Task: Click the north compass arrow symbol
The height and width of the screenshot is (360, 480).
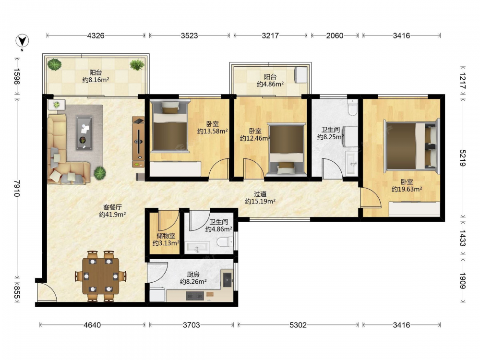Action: pos(23,41)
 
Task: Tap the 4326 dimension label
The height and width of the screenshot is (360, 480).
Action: pos(96,36)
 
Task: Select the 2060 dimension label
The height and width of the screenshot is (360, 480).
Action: pos(335,36)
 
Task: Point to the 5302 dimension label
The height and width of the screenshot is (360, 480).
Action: pos(298,325)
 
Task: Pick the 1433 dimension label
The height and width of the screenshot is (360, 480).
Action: pos(462,239)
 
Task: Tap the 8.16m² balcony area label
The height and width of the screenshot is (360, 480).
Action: pos(96,80)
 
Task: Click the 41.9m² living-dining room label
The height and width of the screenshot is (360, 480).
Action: pos(112,215)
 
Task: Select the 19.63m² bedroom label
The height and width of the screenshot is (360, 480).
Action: pos(407,189)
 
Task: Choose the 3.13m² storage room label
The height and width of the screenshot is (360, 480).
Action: pos(166,243)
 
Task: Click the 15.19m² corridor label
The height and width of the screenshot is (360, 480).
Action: pos(260,201)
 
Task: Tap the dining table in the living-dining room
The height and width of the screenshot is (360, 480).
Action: pos(101,276)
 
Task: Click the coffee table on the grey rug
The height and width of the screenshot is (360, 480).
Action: pos(84,133)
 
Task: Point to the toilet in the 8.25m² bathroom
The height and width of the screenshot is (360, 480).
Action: pos(353,107)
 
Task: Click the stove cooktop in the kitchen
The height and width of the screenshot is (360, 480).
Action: pos(195,296)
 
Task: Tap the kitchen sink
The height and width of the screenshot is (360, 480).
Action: pos(228,279)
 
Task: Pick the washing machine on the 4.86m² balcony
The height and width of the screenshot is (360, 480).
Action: pos(300,75)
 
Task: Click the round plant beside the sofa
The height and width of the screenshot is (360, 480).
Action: pos(100,173)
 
